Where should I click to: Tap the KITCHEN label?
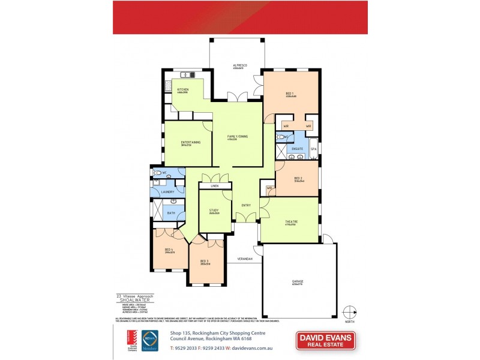point(182,89)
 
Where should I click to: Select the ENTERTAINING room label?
point(190,142)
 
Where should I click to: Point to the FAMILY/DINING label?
point(237,137)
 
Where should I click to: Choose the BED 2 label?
point(298,178)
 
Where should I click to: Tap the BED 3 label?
point(204,261)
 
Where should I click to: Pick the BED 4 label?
point(169,250)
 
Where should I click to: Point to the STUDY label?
point(214,210)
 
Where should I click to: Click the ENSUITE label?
point(296,148)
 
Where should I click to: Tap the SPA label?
point(313,148)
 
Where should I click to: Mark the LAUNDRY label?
point(167,192)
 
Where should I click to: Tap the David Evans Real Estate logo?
point(325,340)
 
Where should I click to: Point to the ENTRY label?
point(246,206)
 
